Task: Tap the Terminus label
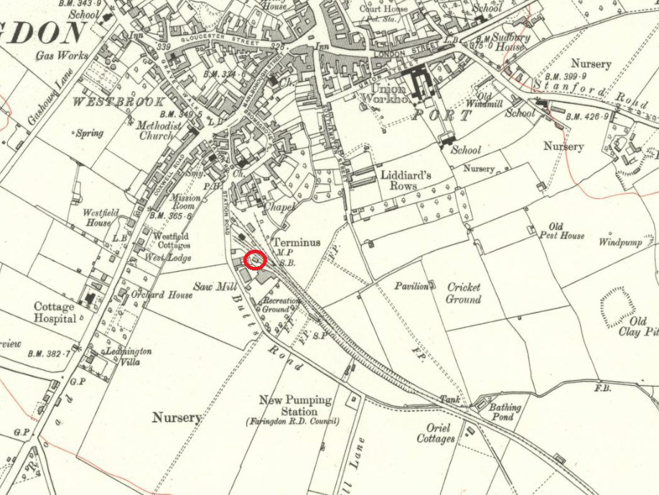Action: pos(296,243)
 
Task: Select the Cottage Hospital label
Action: pos(55,312)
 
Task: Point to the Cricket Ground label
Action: pos(463,293)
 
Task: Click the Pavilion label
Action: pos(411,286)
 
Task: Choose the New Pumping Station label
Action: pos(296,406)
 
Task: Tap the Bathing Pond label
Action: pos(505,412)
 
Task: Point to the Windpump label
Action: pos(618,242)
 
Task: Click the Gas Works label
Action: pos(65,55)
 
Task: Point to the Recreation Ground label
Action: pos(281,305)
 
